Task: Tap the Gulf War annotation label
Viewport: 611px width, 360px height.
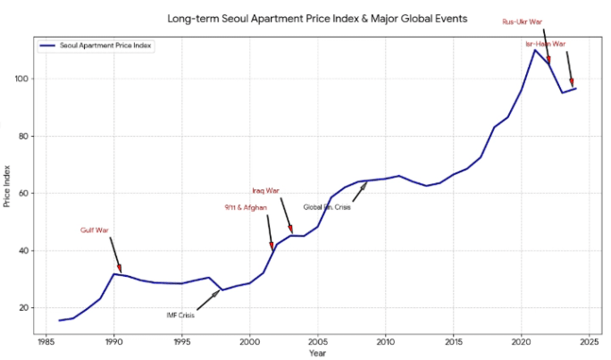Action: click(95, 230)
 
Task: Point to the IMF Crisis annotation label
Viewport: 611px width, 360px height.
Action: click(180, 314)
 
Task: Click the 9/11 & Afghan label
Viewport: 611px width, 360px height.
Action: click(246, 207)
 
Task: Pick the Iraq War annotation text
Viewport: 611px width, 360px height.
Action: click(265, 190)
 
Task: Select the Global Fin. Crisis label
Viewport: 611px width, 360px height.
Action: click(327, 207)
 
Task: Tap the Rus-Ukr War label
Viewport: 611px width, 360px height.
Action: click(523, 21)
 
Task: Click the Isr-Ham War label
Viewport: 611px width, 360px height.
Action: click(545, 43)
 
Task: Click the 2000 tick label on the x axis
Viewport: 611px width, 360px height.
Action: click(249, 340)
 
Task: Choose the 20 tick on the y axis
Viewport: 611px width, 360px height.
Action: click(25, 307)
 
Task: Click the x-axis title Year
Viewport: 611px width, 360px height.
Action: click(317, 353)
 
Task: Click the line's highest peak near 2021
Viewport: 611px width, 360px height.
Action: click(535, 49)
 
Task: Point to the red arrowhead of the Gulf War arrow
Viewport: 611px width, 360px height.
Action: click(120, 270)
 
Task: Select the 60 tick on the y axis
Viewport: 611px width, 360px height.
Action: click(25, 193)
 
